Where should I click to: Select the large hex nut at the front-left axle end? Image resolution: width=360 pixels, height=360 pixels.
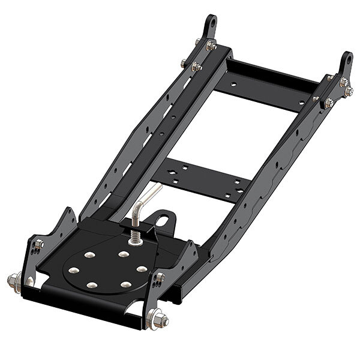point(13,280)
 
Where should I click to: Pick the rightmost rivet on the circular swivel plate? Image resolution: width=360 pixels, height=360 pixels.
point(142,269)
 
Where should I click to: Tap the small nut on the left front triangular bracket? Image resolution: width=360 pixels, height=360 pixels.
point(39,244)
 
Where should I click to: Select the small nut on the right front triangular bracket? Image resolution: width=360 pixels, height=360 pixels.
point(160,278)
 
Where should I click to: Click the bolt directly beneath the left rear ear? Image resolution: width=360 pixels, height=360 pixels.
point(211,46)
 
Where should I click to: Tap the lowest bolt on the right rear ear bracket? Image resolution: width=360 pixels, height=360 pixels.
point(329,104)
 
